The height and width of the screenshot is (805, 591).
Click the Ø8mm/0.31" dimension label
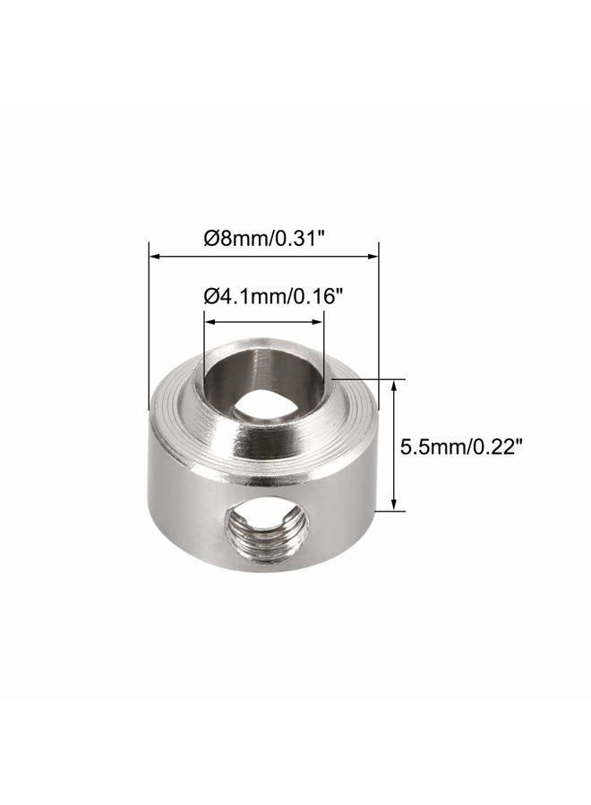(264, 239)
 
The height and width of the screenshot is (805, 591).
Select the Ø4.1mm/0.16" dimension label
(262, 296)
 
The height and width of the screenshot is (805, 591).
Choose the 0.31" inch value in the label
(300, 239)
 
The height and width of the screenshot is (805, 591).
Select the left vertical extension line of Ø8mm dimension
(146, 322)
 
